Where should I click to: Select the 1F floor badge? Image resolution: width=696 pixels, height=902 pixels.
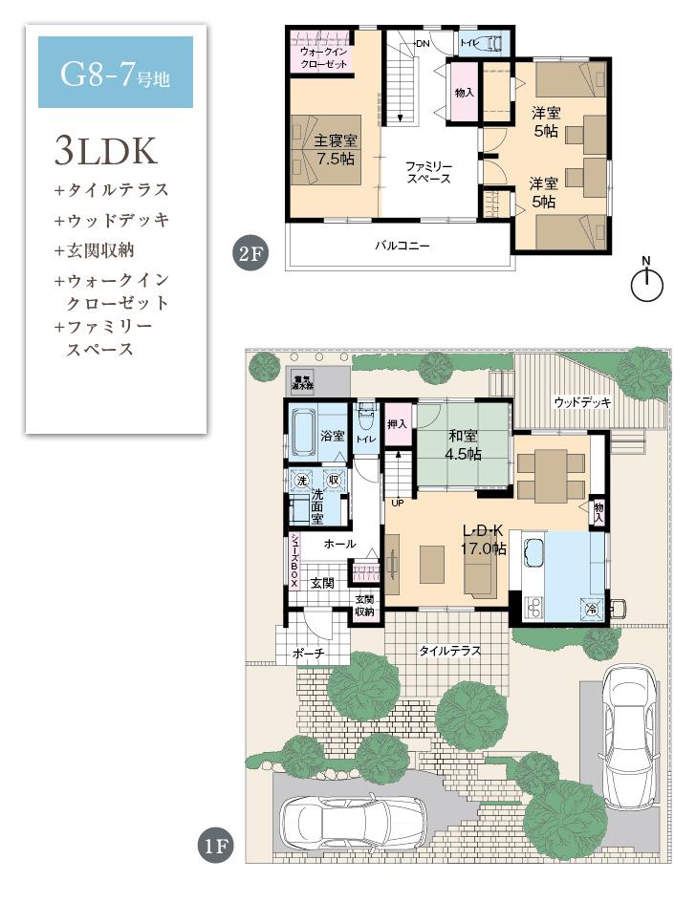(x=216, y=846)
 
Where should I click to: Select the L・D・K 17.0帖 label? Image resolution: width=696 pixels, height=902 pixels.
(x=484, y=540)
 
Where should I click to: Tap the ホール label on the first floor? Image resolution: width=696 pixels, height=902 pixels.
(x=339, y=544)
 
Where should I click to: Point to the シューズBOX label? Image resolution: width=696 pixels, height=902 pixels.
(x=295, y=560)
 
